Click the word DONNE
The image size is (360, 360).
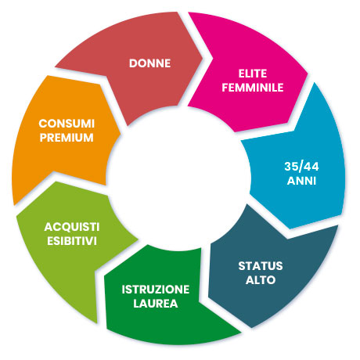(149, 63)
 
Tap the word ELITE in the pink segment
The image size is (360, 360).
(253, 74)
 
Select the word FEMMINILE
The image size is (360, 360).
(253, 88)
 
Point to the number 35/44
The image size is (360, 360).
(301, 167)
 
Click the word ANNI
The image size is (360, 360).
(301, 181)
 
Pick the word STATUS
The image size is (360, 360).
(261, 266)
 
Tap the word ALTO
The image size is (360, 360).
(261, 280)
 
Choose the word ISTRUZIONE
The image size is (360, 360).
(156, 290)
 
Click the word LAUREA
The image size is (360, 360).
(156, 304)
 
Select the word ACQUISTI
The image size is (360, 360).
(72, 227)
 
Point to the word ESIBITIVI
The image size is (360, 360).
(72, 241)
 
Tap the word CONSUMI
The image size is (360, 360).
(67, 124)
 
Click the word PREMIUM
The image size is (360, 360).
(67, 138)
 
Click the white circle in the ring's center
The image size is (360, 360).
(178, 178)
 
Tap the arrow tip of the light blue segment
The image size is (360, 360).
(290, 229)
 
